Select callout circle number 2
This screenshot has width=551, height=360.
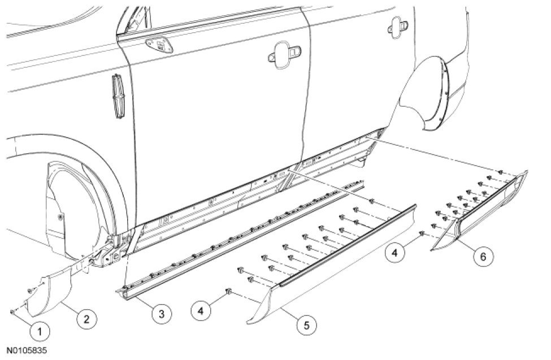(85, 319)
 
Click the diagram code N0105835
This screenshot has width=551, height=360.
(28, 351)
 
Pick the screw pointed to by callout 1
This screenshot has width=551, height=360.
(12, 311)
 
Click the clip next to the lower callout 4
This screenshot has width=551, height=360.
(229, 292)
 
